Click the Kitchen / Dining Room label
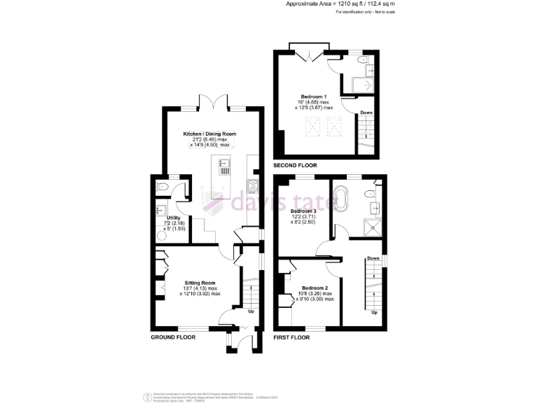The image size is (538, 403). click(209, 133)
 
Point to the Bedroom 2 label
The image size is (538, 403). click(315, 288)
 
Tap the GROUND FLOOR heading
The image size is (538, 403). click(173, 337)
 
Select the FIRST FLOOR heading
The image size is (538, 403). click(291, 337)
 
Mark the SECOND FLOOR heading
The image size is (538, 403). click(295, 166)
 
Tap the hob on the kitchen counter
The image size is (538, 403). click(252, 187)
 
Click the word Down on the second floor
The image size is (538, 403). click(366, 113)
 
